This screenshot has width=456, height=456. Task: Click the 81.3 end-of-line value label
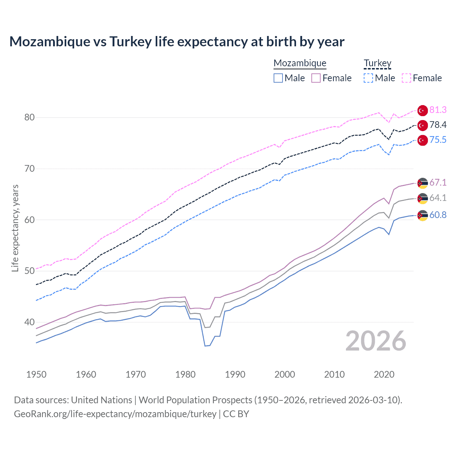tap(438, 110)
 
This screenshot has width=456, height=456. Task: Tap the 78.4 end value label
tap(438, 125)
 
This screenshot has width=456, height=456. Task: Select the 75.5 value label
tap(438, 140)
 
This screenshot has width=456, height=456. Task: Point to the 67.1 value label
tap(438, 183)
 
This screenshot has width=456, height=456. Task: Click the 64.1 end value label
tap(438, 198)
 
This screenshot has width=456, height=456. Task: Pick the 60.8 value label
tap(438, 215)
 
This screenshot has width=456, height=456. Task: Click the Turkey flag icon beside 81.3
tap(423, 110)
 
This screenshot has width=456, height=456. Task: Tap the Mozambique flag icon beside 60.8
tap(423, 215)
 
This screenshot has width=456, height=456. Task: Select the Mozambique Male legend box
tap(278, 78)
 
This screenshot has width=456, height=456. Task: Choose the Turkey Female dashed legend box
tap(406, 78)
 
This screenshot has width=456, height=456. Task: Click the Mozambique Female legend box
tap(316, 78)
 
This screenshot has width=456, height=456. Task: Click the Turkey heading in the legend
tap(377, 63)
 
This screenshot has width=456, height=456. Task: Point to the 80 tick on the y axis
tap(30, 118)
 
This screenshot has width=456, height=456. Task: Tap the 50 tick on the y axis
tap(30, 271)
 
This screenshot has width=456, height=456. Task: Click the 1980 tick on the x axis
tap(185, 374)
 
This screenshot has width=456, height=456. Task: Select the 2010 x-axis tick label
tap(334, 374)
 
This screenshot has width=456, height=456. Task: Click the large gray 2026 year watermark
tap(376, 341)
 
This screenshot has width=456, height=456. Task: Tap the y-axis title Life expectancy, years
tap(15, 228)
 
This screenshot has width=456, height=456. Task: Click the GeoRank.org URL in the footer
tap(115, 414)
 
